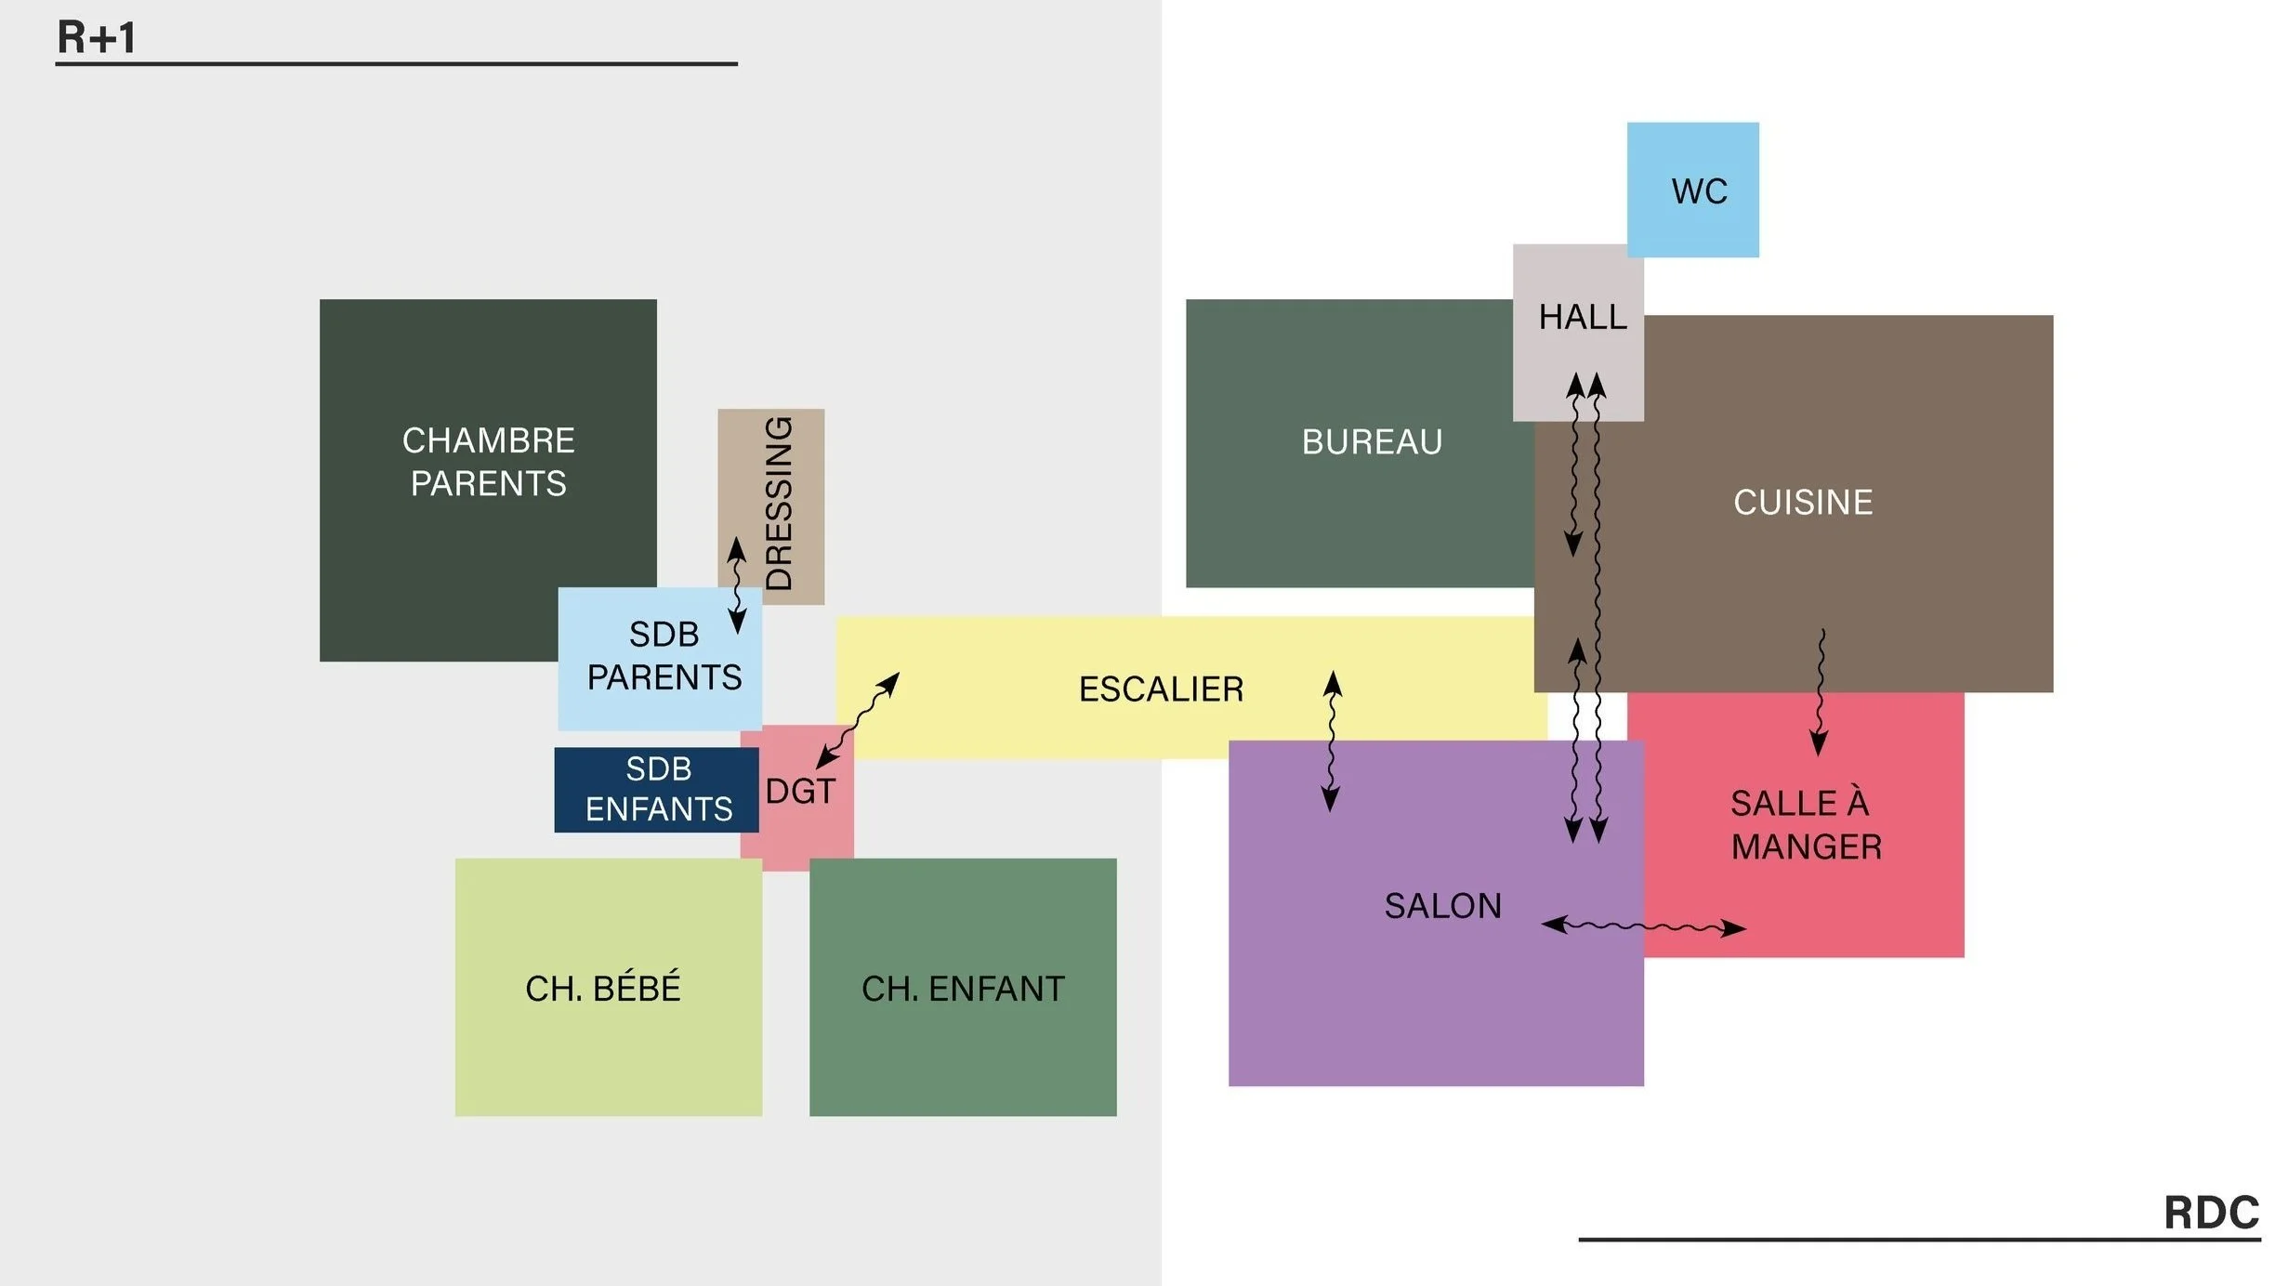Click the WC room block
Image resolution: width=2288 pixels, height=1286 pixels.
1692,190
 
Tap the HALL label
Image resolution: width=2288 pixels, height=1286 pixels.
1582,317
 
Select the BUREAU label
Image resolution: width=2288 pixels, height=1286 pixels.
1372,442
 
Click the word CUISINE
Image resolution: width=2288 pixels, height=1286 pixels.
1802,503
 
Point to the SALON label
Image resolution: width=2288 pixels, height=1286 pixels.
1442,906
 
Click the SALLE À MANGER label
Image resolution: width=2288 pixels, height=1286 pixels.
1805,825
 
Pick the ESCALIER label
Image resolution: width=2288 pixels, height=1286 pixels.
1161,689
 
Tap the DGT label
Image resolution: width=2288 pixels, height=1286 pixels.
800,792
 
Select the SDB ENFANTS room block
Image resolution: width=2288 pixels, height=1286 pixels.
657,790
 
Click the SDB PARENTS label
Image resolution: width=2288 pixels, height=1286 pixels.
664,656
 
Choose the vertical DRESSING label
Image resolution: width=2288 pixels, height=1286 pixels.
778,504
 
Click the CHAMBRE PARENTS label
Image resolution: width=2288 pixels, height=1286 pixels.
488,462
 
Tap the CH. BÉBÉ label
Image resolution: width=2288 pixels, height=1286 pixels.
603,989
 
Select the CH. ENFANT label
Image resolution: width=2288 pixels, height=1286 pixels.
963,989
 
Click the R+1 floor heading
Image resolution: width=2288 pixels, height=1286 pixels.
97,38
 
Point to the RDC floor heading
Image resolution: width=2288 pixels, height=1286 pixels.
2211,1213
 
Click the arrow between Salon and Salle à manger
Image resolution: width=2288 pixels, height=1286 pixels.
1643,926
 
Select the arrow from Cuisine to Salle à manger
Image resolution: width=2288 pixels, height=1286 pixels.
1820,692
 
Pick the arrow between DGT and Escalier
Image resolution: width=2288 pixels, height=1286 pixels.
858,720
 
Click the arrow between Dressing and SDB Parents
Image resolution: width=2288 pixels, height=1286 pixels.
737,585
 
